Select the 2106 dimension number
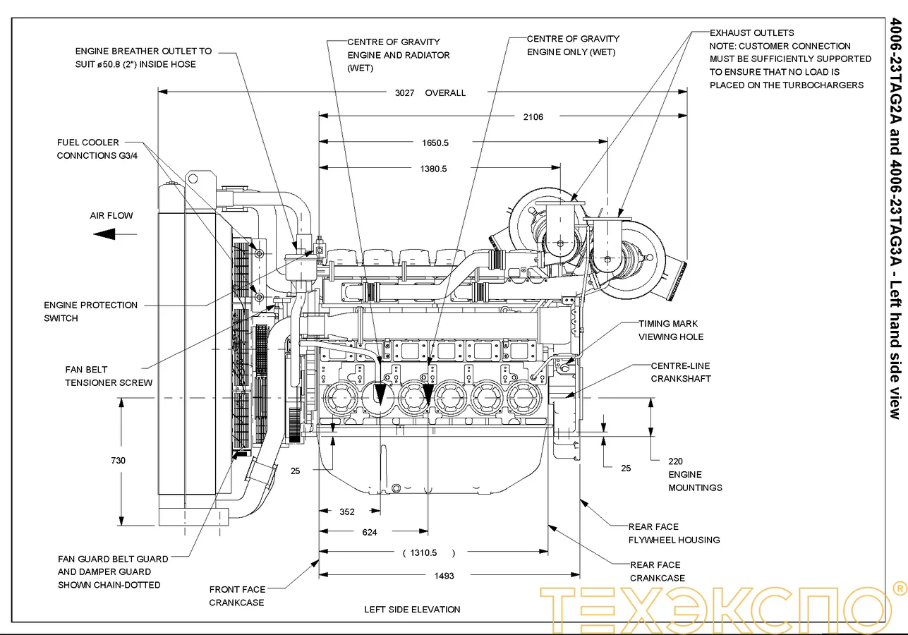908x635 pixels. point(533,117)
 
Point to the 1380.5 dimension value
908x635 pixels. point(433,169)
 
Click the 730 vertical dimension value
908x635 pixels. point(118,461)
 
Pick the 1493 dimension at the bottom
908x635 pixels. point(444,576)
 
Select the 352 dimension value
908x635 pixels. point(346,512)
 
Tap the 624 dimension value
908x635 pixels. point(370,532)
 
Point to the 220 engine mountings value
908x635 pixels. point(675,461)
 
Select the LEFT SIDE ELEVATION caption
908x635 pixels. point(412,609)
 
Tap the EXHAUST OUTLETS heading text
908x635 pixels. point(751,32)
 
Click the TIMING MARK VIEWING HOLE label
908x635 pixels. point(670,330)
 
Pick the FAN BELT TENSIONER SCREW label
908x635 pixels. point(109,376)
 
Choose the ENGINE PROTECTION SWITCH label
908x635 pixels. point(90,311)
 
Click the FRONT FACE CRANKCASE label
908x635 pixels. point(237,595)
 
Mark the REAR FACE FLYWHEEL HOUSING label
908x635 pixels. point(674,533)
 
